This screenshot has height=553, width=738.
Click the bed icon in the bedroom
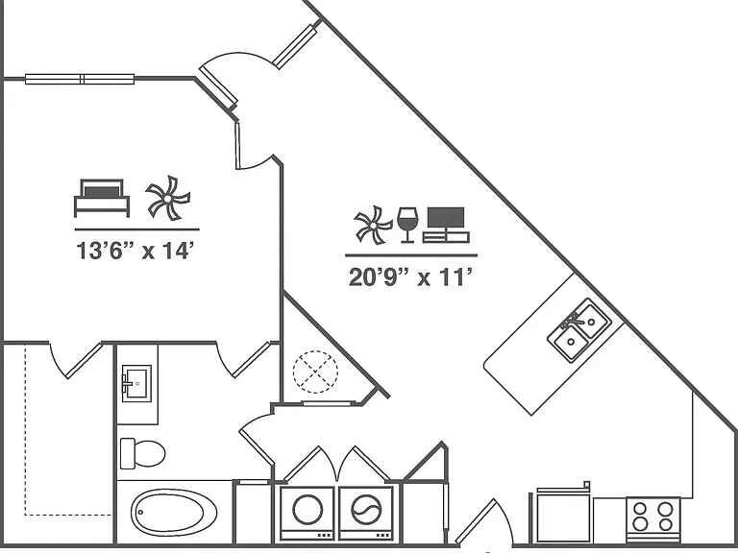[x=102, y=198]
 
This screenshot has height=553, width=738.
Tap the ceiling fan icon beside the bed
[x=168, y=198]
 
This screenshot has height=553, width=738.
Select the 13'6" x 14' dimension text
[x=135, y=251]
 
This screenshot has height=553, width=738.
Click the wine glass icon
[x=407, y=225]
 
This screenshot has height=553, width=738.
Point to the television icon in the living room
[x=446, y=225]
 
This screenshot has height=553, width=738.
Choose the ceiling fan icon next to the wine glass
[x=373, y=226]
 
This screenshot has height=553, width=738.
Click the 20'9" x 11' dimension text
[x=410, y=276]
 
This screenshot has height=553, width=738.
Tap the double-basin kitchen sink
[x=579, y=330]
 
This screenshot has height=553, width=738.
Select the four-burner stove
[x=653, y=518]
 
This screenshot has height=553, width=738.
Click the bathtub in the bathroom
[x=174, y=512]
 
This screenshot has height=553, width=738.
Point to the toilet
[x=142, y=453]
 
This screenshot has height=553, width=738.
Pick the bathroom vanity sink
[x=136, y=383]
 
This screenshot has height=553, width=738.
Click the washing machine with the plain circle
[x=307, y=514]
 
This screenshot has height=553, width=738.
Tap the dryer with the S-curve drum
[x=366, y=514]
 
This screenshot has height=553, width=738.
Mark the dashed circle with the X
[x=315, y=372]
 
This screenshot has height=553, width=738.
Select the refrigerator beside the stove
[x=563, y=515]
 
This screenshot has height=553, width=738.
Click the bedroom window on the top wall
[x=80, y=79]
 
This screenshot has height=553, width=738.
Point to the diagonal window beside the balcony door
[x=296, y=46]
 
